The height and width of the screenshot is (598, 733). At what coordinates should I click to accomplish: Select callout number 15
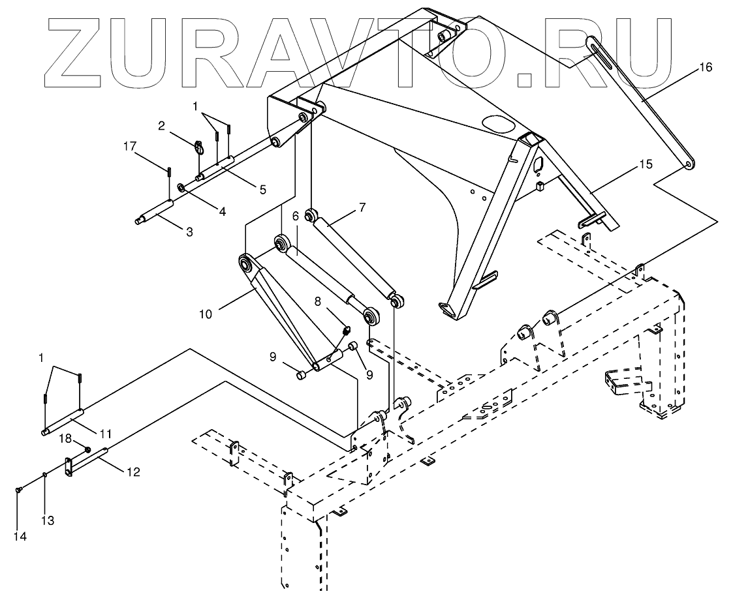coord(645,164)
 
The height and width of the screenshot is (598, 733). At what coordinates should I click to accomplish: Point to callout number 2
coord(161,126)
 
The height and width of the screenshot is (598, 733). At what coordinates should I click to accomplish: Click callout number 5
coord(262,190)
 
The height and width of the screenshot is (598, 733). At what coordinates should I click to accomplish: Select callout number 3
coord(189,232)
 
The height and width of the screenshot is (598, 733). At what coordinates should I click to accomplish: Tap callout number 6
coord(295,215)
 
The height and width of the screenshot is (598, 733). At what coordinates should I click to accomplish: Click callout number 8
coord(318,302)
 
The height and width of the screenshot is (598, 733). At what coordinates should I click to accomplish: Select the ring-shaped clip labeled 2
coord(200,148)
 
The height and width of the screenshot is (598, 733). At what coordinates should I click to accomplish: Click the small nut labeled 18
coord(87,449)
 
